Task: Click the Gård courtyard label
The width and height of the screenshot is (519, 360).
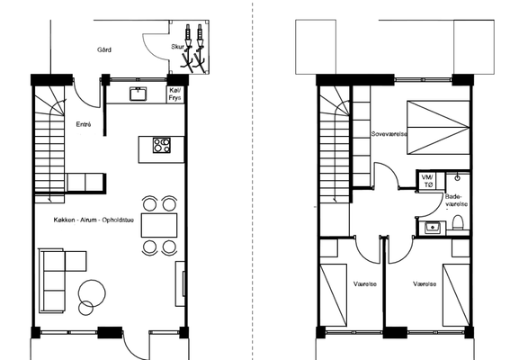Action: click(x=104, y=50)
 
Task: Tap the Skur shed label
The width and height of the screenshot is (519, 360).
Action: click(x=177, y=47)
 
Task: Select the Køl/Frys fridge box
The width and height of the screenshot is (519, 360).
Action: click(x=175, y=94)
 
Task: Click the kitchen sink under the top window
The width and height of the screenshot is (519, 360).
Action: click(x=138, y=94)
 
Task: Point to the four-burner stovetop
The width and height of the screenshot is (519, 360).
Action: click(x=162, y=146)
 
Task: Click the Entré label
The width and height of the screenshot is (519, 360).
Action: click(x=84, y=124)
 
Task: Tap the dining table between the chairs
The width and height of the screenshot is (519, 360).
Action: click(x=159, y=226)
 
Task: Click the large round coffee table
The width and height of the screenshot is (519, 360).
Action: click(x=93, y=293)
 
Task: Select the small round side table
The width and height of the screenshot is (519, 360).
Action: click(x=86, y=308)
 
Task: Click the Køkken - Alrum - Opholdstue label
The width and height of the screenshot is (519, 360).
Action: click(x=94, y=220)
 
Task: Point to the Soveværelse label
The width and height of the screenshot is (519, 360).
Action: click(x=389, y=134)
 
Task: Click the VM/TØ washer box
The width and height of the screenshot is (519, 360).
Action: click(x=430, y=181)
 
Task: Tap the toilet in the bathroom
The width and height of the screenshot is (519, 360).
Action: click(x=458, y=223)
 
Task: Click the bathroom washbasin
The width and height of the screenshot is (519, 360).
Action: click(x=433, y=228)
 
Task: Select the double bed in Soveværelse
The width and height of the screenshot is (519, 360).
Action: click(x=439, y=128)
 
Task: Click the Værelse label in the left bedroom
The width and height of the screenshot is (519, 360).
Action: click(x=365, y=284)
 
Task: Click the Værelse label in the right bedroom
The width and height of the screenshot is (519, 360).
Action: click(x=425, y=284)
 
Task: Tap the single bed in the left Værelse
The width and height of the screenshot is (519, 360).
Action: click(x=334, y=295)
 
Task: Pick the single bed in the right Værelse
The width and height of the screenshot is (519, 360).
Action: click(x=456, y=295)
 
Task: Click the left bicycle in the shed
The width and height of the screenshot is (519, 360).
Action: click(x=188, y=48)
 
